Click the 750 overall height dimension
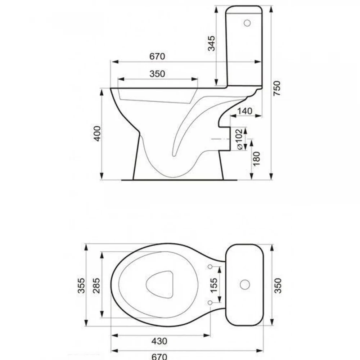coord(277,89)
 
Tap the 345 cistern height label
coord(211,43)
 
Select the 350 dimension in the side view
coord(157,74)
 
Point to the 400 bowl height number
coord(97,134)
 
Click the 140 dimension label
coord(245,111)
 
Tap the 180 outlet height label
coord(256,159)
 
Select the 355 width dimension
coord(81,285)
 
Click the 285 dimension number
coord(96,285)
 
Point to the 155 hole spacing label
coord(214,285)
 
